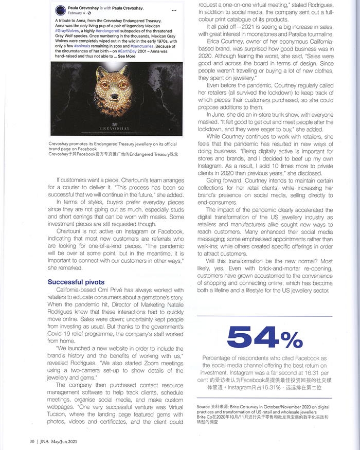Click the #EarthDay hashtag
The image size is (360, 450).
click(x=127, y=51)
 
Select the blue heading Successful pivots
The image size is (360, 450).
click(x=76, y=282)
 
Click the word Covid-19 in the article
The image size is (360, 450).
click(x=60, y=334)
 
